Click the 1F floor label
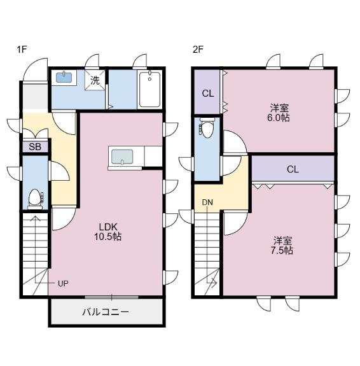22,50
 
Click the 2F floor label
198,50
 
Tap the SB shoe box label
35,147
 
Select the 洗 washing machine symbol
95,80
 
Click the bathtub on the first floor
149,89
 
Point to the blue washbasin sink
64,77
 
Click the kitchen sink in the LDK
122,157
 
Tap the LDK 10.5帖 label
107,232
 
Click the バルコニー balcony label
106,312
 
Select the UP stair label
63,284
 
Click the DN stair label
207,202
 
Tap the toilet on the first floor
36,199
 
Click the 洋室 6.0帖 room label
279,113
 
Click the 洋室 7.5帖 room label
282,245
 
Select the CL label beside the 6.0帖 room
208,94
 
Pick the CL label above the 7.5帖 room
293,169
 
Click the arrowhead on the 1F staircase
35,218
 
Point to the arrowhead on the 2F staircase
214,282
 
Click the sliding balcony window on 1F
111,297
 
